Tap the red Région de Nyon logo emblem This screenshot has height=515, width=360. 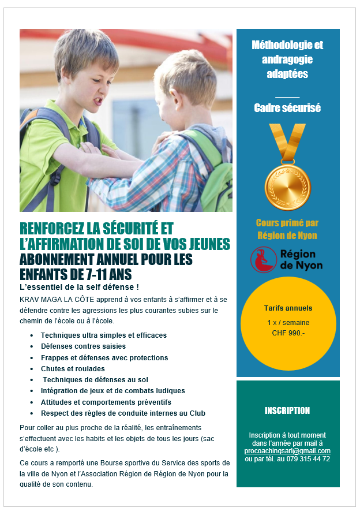263,260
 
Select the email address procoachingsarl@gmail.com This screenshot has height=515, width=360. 287,451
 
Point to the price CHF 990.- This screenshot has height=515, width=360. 287,333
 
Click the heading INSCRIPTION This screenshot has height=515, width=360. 287,411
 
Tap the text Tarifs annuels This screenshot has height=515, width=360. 287,308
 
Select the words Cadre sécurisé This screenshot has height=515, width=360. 287,108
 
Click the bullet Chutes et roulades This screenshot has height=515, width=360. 73,369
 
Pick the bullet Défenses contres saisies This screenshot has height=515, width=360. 83,346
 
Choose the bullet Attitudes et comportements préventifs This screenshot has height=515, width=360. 106,402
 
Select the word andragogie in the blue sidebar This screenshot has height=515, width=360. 287,59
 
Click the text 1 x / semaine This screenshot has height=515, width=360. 287,323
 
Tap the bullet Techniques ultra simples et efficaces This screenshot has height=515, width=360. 103,335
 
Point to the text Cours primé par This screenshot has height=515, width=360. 287,223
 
